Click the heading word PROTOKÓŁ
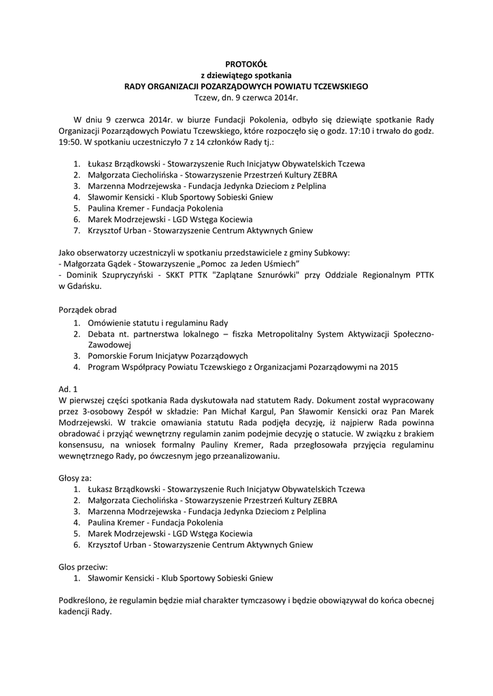pyautogui.click(x=246, y=65)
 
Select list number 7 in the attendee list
pyautogui.click(x=78, y=230)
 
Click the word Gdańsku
pyautogui.click(x=86, y=286)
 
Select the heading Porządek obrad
pyautogui.click(x=88, y=309)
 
